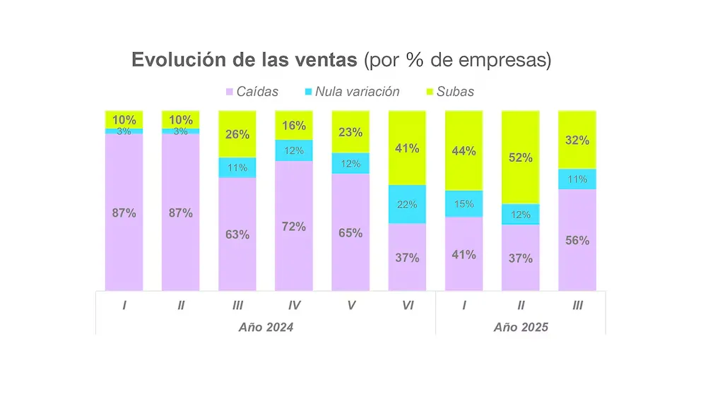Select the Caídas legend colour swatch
pos(229,92)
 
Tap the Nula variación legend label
pos(357,92)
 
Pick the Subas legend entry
pos(455,92)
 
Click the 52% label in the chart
pos(520,157)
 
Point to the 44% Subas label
pos(464,150)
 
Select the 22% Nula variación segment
pos(407,204)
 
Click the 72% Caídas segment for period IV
pos(294,226)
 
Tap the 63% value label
pos(237,234)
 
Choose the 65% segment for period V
pos(350,232)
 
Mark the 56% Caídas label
pos(577,240)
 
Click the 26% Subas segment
pos(237,133)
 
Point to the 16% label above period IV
pos(294,126)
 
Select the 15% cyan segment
pos(464,204)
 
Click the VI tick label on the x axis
pos(407,306)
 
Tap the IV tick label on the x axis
pos(294,306)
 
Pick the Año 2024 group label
pos(265,328)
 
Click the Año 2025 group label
pos(521,328)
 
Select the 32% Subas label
pos(577,140)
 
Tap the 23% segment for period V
pos(350,131)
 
